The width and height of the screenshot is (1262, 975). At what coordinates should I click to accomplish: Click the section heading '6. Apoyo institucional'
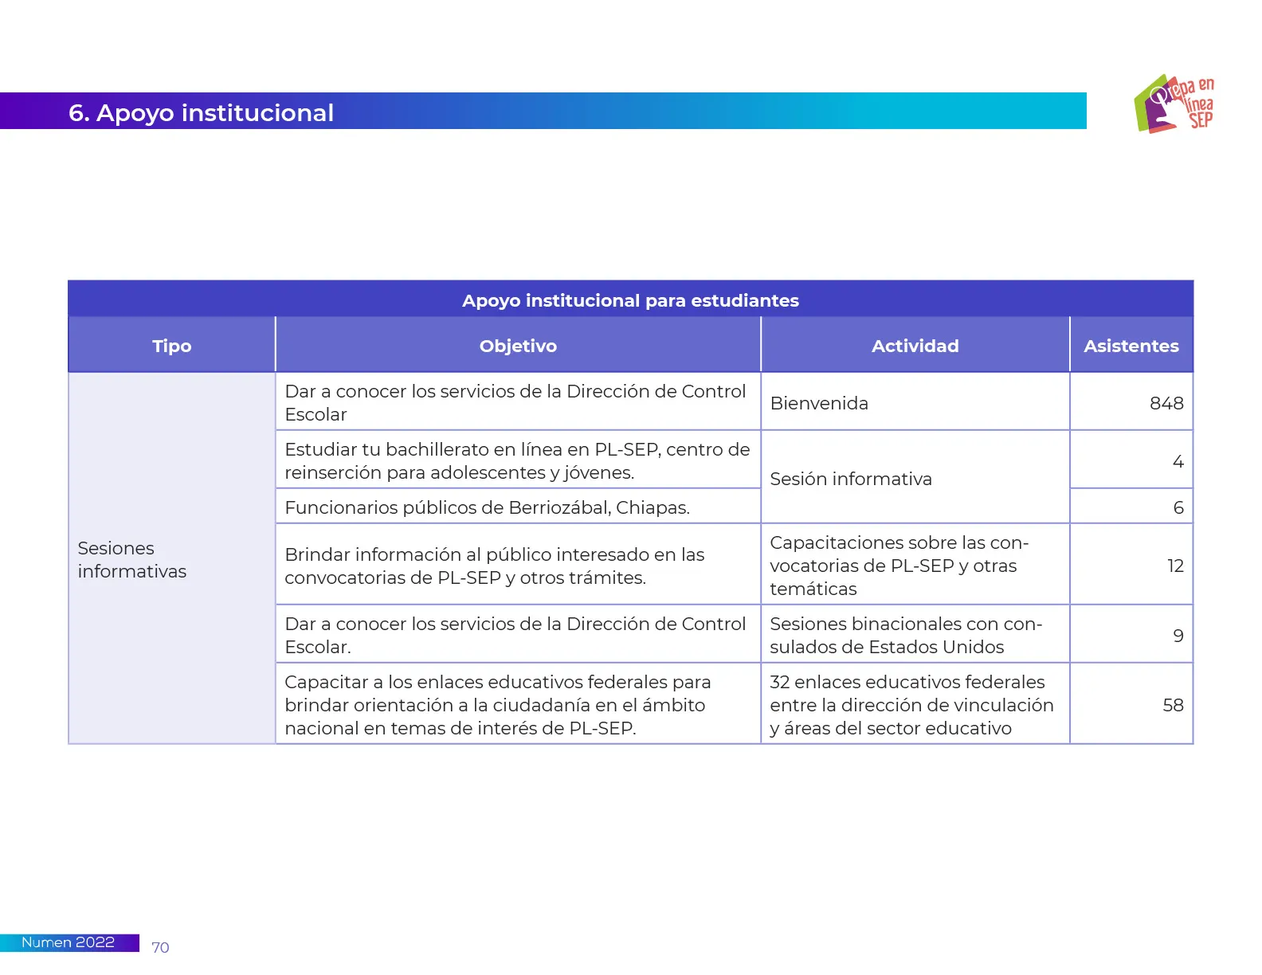[201, 113]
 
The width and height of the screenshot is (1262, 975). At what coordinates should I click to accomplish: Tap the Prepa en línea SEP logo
[1174, 104]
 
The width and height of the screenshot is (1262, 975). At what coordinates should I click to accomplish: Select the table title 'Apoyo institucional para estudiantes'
[630, 300]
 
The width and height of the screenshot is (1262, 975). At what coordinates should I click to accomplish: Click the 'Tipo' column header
[172, 346]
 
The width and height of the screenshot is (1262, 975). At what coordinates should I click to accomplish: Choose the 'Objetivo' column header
[518, 346]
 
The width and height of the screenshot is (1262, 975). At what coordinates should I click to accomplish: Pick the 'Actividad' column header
[915, 346]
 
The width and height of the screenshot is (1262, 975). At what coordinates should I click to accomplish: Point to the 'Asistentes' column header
[1131, 346]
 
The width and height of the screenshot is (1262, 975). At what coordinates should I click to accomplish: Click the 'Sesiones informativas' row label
[132, 559]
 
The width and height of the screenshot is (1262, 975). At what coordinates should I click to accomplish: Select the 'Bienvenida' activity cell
[819, 403]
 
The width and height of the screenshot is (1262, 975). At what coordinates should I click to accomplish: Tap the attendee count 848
[1166, 403]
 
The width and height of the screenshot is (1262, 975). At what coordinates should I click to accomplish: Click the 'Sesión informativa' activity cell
[851, 479]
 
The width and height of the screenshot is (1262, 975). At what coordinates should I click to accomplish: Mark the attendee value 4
[1178, 461]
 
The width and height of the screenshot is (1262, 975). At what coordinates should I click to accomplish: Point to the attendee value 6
[1178, 507]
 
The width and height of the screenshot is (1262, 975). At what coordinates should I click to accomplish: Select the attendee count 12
[1175, 566]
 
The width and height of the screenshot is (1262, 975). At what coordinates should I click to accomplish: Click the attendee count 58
[1173, 705]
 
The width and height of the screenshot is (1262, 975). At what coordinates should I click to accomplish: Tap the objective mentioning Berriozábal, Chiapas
[487, 507]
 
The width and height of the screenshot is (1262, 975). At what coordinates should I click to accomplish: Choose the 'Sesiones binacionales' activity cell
[905, 635]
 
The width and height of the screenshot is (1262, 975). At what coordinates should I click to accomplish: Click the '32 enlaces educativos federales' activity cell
[911, 705]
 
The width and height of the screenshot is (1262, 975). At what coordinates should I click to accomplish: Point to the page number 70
[160, 947]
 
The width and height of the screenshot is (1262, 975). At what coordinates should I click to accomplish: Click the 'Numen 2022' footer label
[68, 942]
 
